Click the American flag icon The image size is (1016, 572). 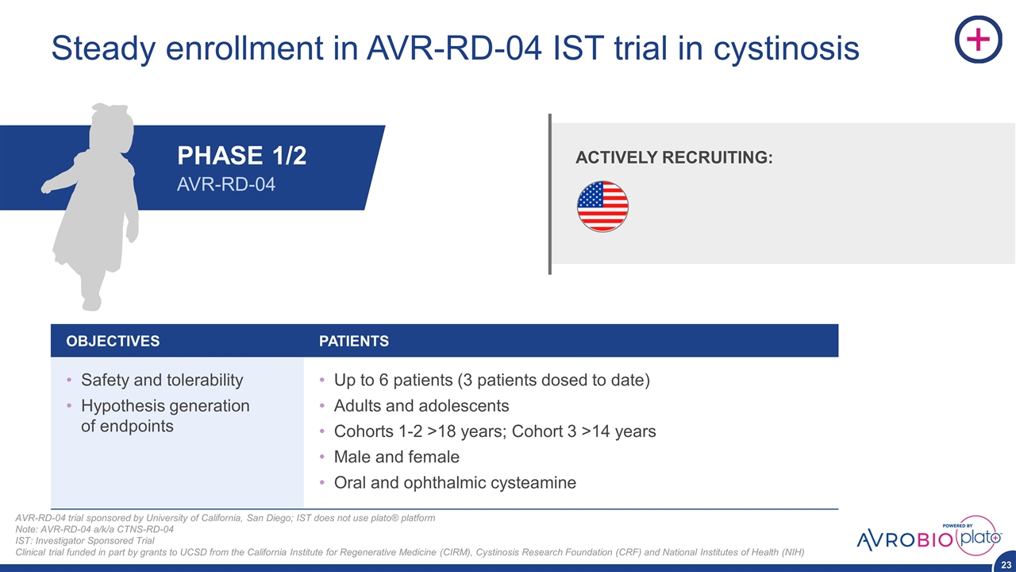(x=602, y=207)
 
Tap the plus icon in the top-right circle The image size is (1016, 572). (x=979, y=39)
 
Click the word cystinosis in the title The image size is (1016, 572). (x=786, y=48)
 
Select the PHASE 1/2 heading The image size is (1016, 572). (x=242, y=155)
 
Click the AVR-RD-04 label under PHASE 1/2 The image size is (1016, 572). (x=226, y=184)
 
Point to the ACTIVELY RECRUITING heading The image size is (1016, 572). (x=674, y=157)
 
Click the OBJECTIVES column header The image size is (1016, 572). (x=113, y=341)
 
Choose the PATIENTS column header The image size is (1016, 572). (x=354, y=341)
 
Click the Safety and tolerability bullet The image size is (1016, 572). (x=162, y=380)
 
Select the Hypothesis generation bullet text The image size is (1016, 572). (x=165, y=415)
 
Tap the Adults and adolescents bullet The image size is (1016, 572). (x=421, y=405)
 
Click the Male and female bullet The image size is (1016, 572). (x=396, y=457)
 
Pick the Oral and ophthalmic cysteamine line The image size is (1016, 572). (x=455, y=482)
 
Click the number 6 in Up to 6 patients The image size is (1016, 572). (x=383, y=380)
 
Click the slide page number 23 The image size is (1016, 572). (x=1006, y=565)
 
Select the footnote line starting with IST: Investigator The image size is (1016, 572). (x=85, y=541)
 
